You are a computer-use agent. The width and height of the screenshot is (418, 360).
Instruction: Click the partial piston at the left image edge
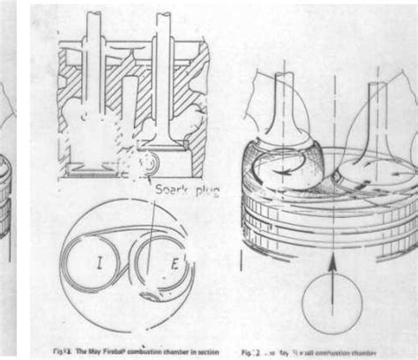click(7, 203)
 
